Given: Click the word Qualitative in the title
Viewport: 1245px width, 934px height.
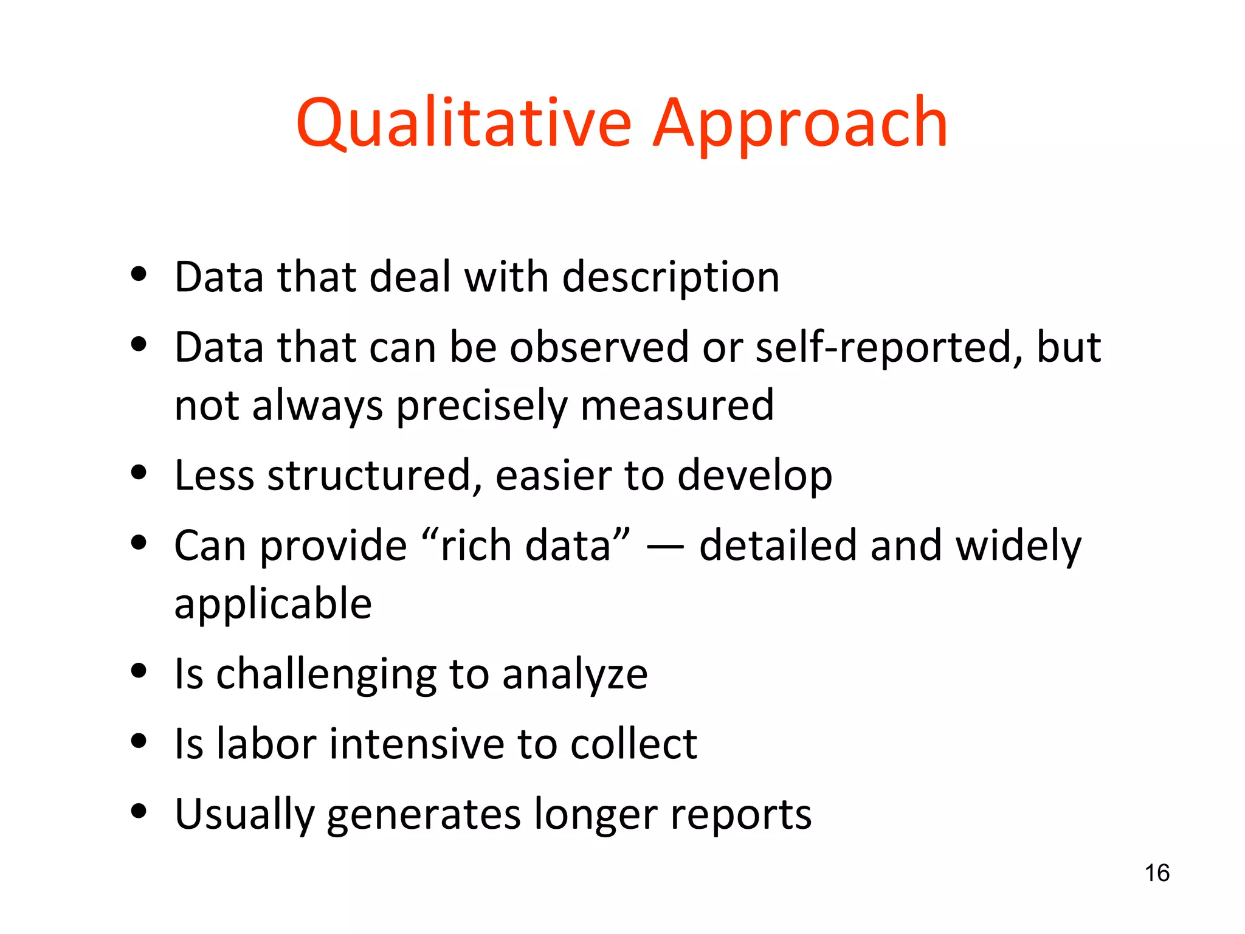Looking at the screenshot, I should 464,124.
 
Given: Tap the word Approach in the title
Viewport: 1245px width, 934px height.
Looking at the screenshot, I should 800,124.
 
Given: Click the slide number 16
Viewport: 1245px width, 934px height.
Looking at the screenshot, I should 1157,873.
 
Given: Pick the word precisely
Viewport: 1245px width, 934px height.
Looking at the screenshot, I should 481,406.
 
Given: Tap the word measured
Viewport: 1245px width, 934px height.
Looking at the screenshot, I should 677,405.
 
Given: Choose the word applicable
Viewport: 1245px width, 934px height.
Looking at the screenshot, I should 273,604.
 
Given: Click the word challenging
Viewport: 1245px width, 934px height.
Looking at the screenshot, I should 326,675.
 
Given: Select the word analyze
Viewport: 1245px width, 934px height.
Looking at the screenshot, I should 575,675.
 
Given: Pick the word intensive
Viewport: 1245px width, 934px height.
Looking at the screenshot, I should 416,744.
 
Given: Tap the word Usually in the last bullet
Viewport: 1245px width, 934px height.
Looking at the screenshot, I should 244,815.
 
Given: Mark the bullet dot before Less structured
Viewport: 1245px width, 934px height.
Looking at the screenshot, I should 139,472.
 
